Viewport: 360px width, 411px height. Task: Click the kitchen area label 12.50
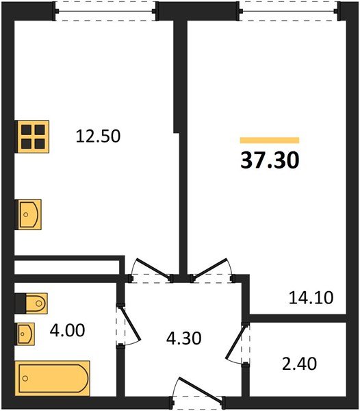coord(97,136)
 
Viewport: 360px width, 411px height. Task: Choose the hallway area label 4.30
coord(185,338)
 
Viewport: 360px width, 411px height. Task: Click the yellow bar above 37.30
coord(270,140)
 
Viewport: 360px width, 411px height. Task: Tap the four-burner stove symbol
coord(33,136)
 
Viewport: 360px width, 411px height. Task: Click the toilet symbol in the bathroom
coord(31,301)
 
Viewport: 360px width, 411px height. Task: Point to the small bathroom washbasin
coord(25,334)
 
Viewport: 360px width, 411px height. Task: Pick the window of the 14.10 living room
coord(287,10)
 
